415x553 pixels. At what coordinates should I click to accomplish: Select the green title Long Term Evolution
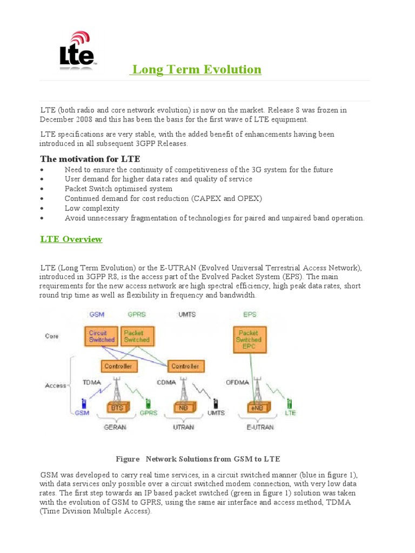click(x=197, y=70)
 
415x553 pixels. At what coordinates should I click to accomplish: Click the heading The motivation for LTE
click(x=90, y=159)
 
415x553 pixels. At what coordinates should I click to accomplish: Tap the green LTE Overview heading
click(x=71, y=239)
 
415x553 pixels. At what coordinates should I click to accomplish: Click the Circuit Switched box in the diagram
click(x=102, y=336)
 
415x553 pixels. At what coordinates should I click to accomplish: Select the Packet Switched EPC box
click(x=249, y=340)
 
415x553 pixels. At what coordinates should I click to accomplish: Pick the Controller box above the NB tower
click(x=185, y=366)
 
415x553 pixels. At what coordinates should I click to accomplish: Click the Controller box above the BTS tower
click(x=118, y=366)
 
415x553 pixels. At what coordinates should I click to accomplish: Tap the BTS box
click(x=117, y=408)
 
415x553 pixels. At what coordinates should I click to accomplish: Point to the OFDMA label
click(x=238, y=383)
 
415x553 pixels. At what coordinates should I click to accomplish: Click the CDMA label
click(x=165, y=383)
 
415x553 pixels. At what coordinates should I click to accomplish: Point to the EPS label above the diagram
click(x=250, y=314)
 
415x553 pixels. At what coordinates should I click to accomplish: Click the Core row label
click(x=52, y=336)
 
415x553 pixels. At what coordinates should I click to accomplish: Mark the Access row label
click(x=55, y=386)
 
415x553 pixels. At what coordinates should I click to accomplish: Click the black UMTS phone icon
click(x=216, y=403)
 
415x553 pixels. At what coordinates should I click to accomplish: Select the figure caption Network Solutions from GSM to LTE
click(x=198, y=459)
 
